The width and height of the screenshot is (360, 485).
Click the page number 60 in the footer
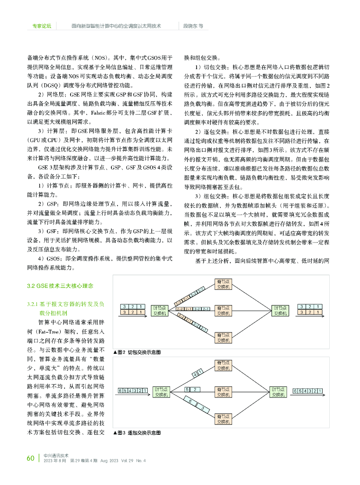(x=30, y=458)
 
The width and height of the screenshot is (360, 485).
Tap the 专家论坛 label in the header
(x=42, y=26)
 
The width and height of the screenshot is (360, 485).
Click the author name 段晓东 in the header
(x=193, y=26)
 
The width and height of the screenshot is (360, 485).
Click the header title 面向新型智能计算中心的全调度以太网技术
(x=116, y=26)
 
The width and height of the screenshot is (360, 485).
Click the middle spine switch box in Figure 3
(x=223, y=391)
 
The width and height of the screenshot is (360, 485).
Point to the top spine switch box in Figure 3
(x=223, y=366)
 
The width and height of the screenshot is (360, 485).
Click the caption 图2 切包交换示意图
(x=137, y=352)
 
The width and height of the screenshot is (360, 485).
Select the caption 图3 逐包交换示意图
(x=137, y=432)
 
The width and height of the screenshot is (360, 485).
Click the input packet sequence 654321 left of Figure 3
(x=133, y=390)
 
